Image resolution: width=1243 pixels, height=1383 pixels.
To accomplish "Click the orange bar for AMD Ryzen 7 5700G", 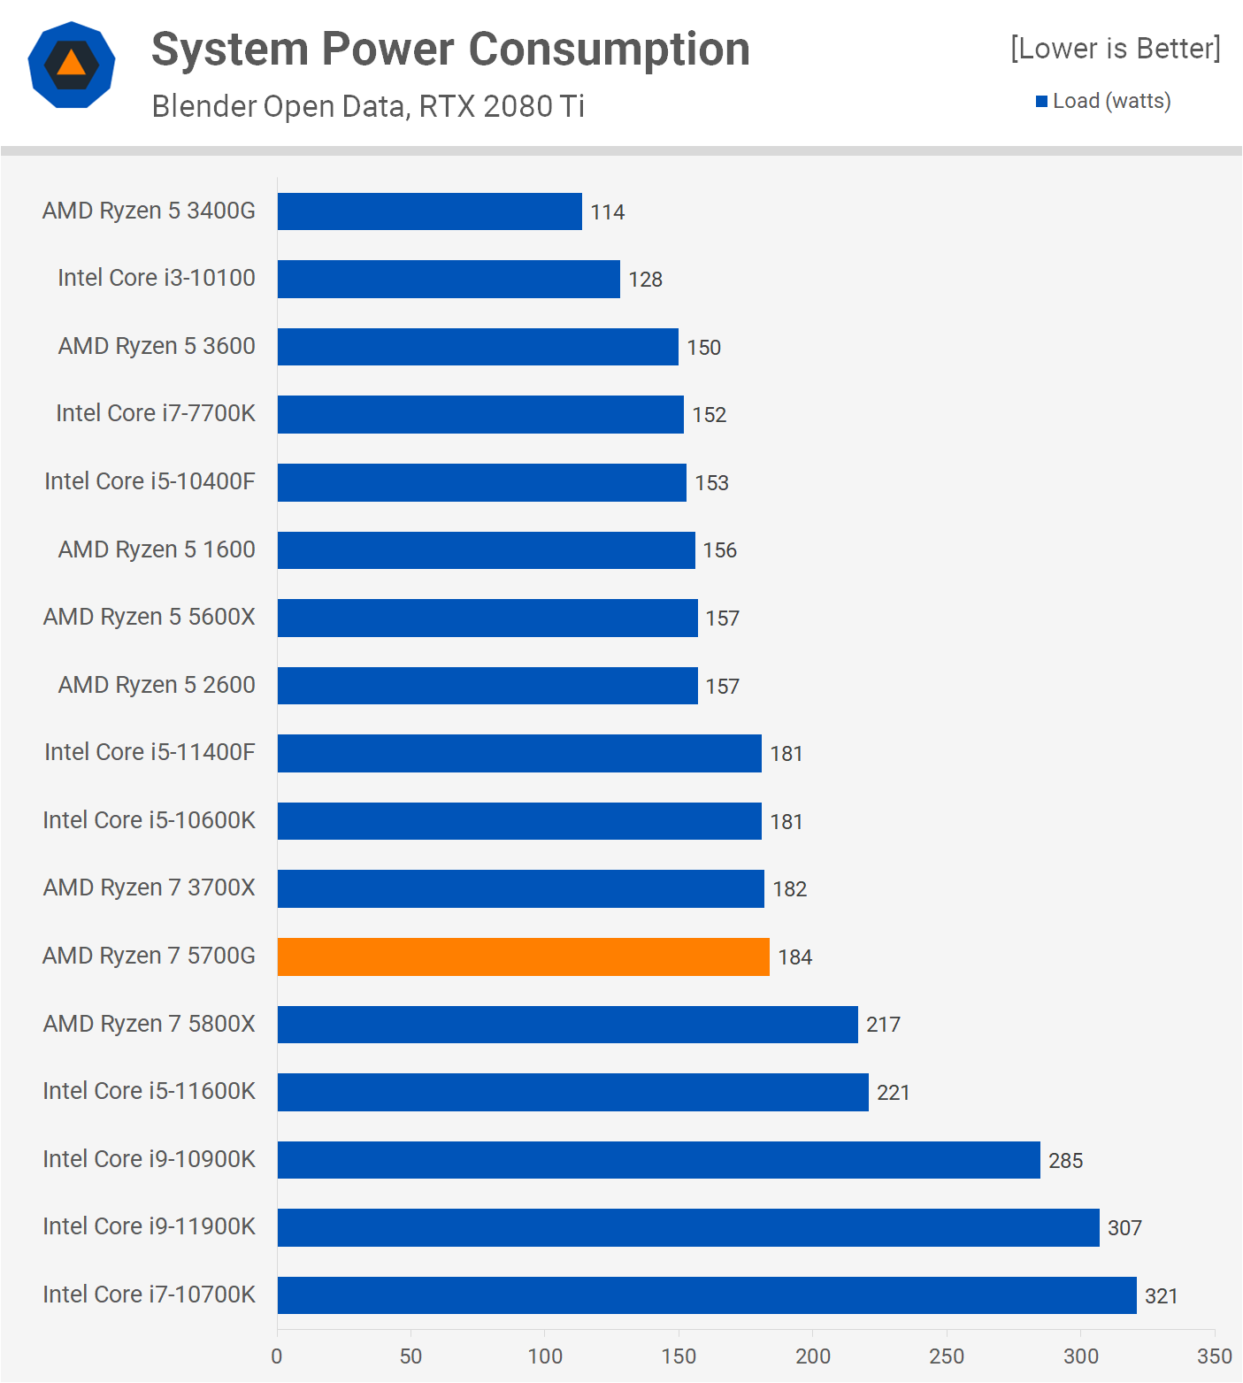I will [523, 957].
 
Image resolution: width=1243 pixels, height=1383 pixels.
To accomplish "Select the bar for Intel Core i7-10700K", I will [706, 1295].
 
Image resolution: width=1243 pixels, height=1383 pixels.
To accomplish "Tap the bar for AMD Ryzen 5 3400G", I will [429, 211].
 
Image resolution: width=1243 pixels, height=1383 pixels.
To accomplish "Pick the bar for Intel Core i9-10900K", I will [658, 1160].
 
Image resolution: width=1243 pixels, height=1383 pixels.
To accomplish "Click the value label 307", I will [1124, 1228].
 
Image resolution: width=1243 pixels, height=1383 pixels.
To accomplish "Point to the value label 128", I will [645, 280].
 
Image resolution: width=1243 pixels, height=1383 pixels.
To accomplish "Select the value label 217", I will [883, 1025].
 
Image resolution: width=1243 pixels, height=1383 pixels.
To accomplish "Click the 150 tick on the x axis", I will [679, 1356].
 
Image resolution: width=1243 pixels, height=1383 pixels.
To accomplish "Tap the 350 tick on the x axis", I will [1214, 1356].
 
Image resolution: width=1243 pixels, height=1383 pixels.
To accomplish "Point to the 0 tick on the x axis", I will [277, 1356].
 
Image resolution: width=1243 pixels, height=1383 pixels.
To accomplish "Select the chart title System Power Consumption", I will [450, 49].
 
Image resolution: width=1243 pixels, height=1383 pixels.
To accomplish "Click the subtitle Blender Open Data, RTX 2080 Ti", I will [368, 106].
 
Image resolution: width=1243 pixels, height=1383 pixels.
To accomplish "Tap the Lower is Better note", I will [1115, 48].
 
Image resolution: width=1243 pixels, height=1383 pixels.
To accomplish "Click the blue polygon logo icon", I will [72, 65].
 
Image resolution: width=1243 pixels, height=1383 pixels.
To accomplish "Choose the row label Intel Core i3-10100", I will [157, 278].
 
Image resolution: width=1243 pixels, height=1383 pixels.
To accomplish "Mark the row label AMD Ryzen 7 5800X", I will [149, 1024].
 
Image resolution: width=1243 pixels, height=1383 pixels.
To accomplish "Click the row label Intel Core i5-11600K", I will [149, 1091].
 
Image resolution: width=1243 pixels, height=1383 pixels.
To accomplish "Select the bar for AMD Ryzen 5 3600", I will [478, 347].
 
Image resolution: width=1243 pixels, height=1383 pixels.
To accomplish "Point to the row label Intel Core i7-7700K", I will [156, 413].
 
